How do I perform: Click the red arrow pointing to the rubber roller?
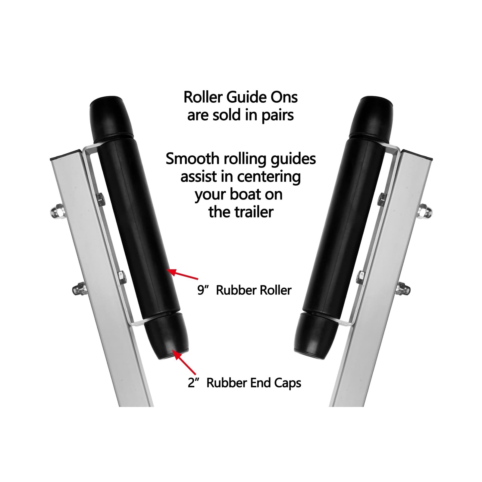click(x=182, y=274)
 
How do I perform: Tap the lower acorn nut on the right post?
click(x=404, y=289)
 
